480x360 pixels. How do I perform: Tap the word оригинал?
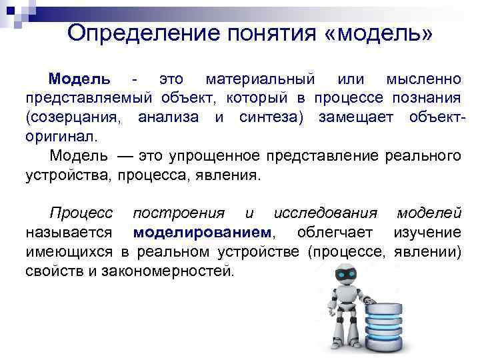click(x=61, y=137)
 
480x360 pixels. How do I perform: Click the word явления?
click(x=230, y=175)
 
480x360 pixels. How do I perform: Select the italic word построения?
click(x=179, y=213)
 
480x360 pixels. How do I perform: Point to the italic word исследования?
click(x=325, y=213)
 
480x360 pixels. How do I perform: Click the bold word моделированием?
click(x=203, y=233)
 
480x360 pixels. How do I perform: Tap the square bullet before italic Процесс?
click(x=34, y=213)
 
